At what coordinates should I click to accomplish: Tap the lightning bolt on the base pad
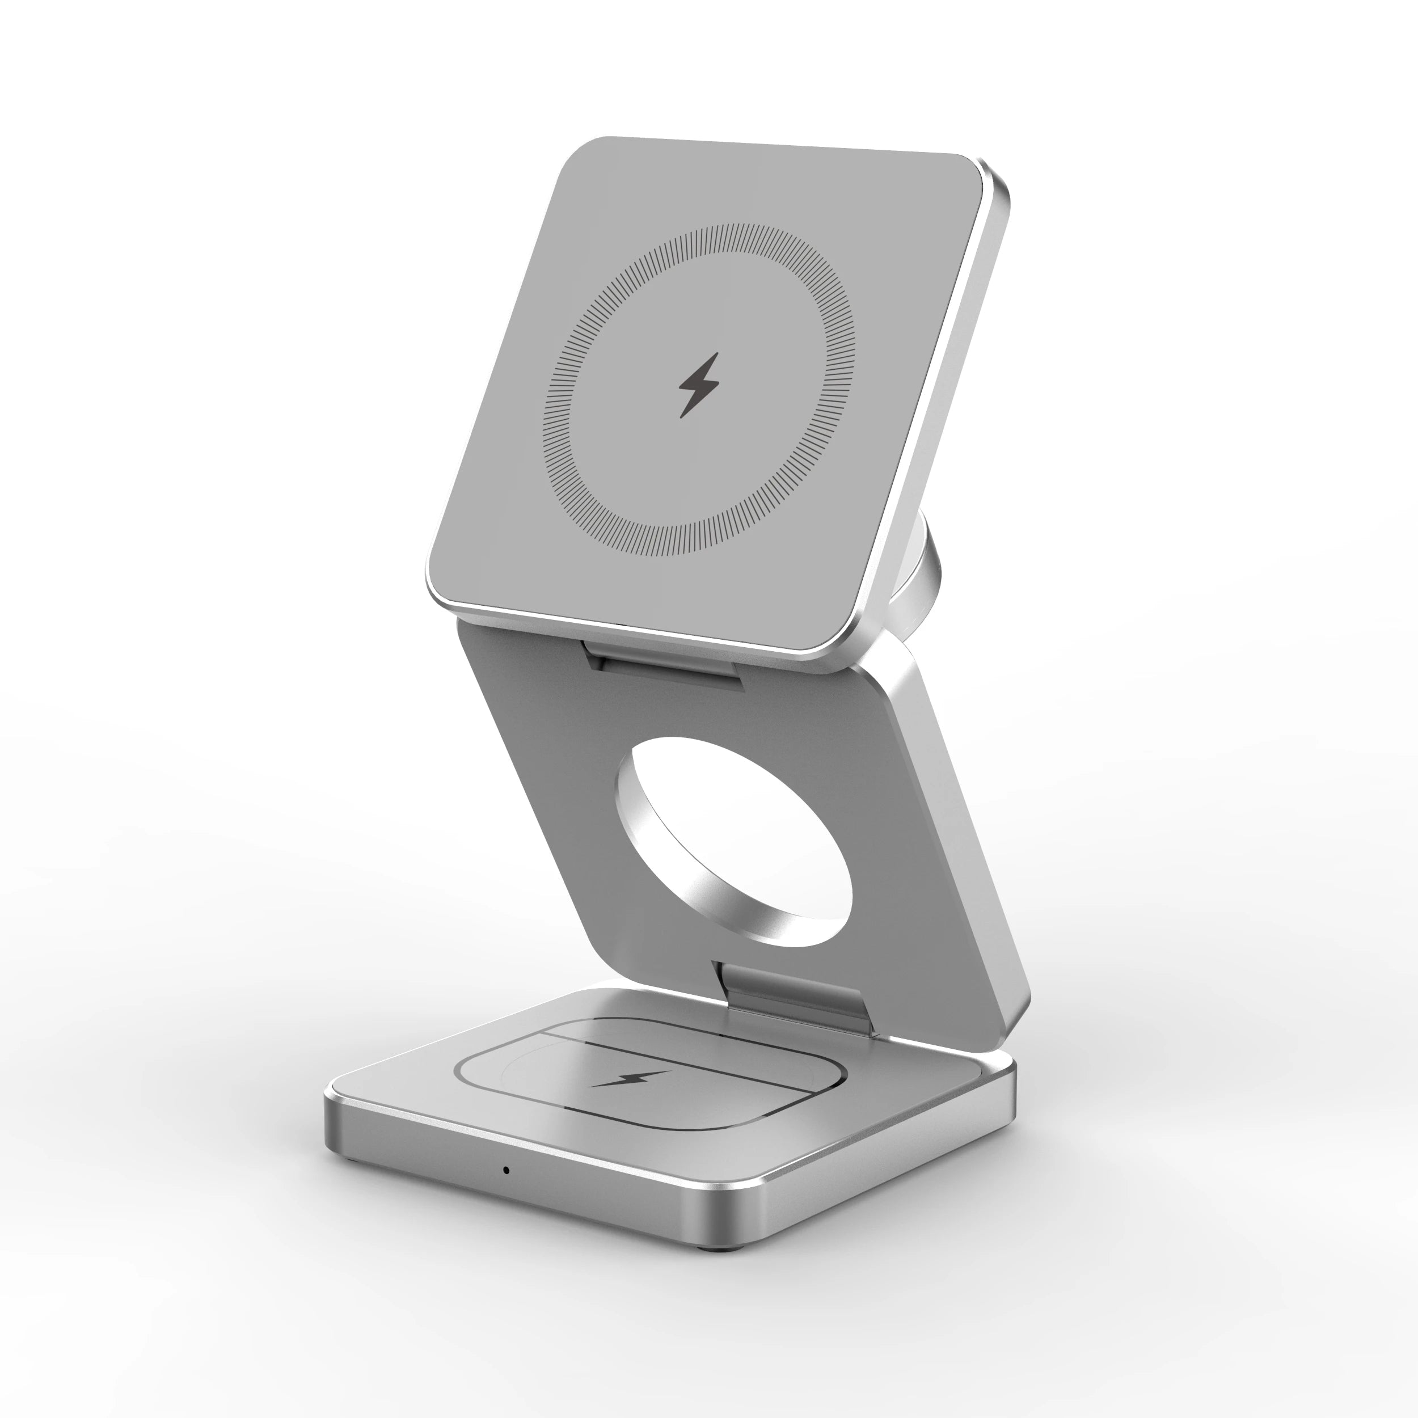[x=631, y=1079]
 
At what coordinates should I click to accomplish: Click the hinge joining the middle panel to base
[x=793, y=994]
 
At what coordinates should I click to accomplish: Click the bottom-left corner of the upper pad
[x=440, y=587]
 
